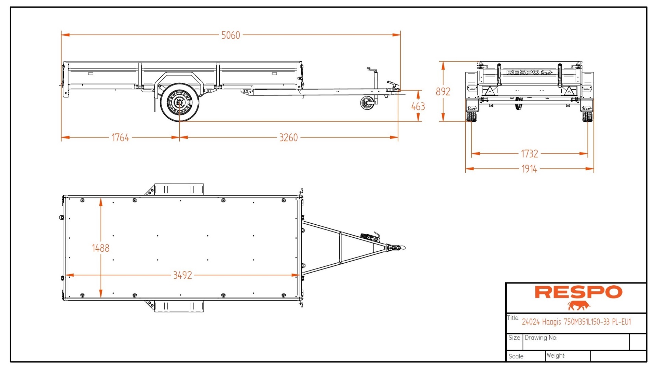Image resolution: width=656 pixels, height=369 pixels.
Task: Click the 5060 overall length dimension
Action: (x=231, y=35)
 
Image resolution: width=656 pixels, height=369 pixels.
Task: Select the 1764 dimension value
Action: (x=120, y=138)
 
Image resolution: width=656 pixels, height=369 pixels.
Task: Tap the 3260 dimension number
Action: (x=288, y=138)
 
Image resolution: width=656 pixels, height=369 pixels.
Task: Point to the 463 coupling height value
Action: (x=418, y=107)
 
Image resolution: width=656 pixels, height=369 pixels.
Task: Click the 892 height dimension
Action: (x=443, y=92)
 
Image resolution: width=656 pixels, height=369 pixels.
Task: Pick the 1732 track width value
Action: (x=529, y=154)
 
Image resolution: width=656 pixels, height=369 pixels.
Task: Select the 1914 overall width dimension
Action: (x=529, y=169)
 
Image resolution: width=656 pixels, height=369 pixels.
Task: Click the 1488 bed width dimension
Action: (x=100, y=248)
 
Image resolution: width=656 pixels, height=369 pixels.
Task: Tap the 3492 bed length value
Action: (x=182, y=275)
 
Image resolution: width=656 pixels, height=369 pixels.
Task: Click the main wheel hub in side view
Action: (x=179, y=102)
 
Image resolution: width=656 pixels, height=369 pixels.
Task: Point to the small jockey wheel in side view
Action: (x=367, y=103)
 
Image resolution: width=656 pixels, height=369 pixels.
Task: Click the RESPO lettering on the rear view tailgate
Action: (x=523, y=73)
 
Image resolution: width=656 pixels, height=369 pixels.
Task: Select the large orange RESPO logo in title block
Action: (x=578, y=292)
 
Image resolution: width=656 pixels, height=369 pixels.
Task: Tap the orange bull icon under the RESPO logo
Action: (x=579, y=305)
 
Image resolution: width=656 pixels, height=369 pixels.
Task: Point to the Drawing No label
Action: (x=541, y=338)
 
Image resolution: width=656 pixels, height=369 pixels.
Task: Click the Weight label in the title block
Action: (x=556, y=356)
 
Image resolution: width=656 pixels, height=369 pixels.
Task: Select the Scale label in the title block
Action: (x=516, y=356)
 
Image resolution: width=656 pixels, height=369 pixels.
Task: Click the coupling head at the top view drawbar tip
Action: (x=397, y=248)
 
